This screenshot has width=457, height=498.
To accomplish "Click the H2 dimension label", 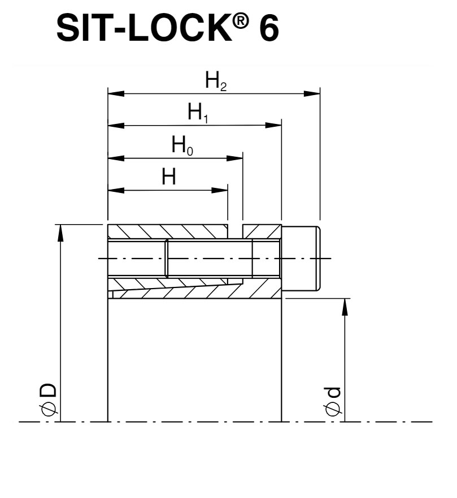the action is click(x=216, y=81).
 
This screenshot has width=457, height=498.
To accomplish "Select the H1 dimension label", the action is click(x=198, y=113).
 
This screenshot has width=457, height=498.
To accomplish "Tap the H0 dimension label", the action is click(x=182, y=145).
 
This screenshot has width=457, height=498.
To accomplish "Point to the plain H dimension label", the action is click(x=169, y=177).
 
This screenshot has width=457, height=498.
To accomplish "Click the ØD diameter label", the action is click(x=48, y=400).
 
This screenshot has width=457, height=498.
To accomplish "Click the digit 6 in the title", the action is click(x=269, y=28).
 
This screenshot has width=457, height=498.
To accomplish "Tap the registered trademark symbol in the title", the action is click(x=241, y=22).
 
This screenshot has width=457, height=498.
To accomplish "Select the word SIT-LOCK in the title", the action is click(x=144, y=28).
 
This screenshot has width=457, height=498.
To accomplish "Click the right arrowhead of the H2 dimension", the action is click(x=312, y=94).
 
